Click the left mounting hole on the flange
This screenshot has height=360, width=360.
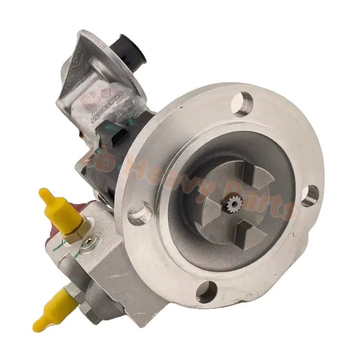139,213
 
